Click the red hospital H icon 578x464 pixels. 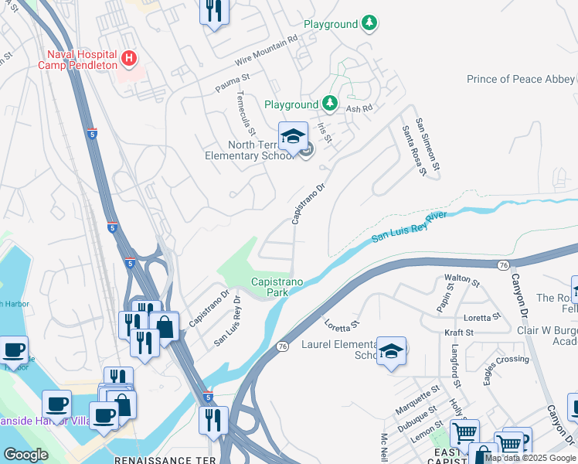tap(129, 58)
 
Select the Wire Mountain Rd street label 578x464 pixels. tap(267, 49)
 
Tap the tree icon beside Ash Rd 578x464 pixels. tap(330, 104)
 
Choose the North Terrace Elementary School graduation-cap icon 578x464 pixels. tap(293, 138)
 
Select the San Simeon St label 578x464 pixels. tap(427, 144)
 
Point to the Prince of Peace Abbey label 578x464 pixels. tap(520, 79)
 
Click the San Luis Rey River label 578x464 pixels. tap(409, 227)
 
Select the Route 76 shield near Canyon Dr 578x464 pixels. tap(503, 265)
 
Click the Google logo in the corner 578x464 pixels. tap(25, 455)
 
